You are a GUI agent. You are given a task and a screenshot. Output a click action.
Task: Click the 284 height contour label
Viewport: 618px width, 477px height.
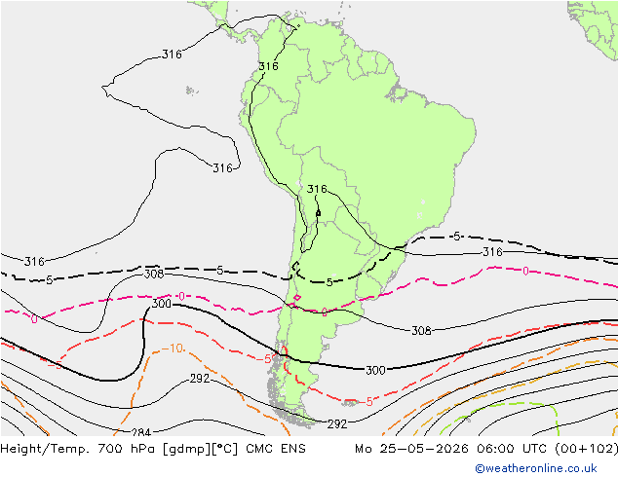[x=141, y=432]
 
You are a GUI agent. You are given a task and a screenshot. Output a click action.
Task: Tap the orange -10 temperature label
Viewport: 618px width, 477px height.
[x=173, y=349]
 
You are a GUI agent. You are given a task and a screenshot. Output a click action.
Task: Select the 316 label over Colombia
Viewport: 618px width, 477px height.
[x=268, y=66]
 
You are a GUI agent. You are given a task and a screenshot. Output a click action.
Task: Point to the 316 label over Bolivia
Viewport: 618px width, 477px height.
[x=317, y=189]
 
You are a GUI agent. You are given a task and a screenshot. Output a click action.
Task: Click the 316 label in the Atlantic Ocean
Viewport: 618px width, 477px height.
[x=492, y=251]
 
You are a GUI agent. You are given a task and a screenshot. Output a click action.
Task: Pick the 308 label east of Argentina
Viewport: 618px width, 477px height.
[x=421, y=331]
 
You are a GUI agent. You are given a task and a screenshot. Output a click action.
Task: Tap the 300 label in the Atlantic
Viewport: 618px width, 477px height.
[x=375, y=370]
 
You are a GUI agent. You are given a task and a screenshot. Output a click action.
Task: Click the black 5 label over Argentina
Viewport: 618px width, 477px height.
[x=329, y=282]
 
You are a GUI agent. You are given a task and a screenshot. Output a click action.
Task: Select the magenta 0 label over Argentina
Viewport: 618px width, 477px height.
[x=324, y=312]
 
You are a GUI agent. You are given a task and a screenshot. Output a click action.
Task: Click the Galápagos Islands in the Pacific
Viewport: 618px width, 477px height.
[x=191, y=91]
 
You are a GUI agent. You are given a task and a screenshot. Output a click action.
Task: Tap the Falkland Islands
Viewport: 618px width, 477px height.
[x=350, y=402]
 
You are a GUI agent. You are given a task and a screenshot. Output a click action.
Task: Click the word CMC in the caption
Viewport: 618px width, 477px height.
[x=259, y=449]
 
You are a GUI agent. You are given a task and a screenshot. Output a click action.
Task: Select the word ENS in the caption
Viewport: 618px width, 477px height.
[x=293, y=449]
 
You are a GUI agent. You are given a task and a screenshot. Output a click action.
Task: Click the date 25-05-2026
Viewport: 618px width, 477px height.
[x=424, y=449]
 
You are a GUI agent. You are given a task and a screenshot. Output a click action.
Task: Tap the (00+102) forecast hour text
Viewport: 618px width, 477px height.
[x=586, y=449]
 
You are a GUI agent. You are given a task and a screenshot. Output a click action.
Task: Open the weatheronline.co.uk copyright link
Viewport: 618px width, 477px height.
[x=536, y=468]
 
